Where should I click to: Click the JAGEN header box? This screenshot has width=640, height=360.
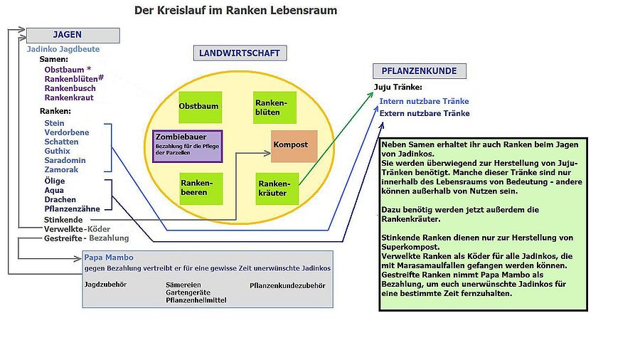click(73, 35)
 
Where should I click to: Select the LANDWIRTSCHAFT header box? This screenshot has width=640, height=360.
click(240, 53)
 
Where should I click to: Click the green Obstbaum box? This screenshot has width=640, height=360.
click(198, 107)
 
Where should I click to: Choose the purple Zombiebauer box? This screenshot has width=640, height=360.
click(188, 146)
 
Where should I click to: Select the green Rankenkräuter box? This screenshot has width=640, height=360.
click(277, 187)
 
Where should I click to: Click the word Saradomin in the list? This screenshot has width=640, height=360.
click(65, 161)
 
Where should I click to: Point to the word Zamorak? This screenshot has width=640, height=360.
click(61, 170)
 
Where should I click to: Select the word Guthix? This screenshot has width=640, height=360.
click(57, 151)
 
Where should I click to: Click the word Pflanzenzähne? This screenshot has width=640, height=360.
click(72, 209)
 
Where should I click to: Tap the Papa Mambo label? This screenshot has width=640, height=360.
click(108, 258)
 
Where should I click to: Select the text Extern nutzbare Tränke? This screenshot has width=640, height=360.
click(424, 113)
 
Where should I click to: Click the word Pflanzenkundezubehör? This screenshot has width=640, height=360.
click(287, 285)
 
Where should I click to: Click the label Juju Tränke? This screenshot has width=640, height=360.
click(398, 88)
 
